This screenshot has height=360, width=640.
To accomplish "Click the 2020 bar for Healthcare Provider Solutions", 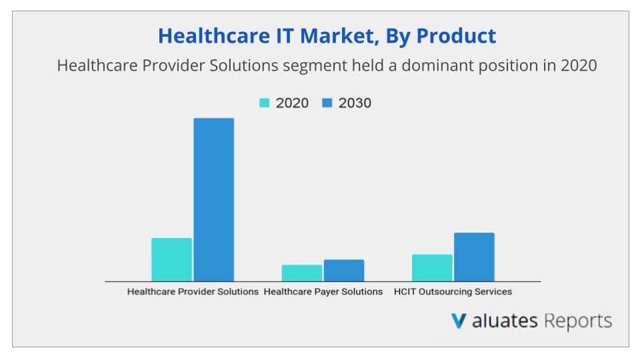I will click(x=171, y=259).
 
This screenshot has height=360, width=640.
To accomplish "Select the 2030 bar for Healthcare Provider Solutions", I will click(x=213, y=199).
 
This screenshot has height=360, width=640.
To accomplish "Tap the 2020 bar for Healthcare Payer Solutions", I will click(x=301, y=273).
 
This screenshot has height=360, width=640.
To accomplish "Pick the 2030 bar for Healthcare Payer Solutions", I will click(x=344, y=270).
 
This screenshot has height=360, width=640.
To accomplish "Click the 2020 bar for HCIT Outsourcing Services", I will click(x=432, y=267).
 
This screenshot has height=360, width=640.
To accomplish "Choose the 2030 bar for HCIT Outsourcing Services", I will click(x=474, y=257).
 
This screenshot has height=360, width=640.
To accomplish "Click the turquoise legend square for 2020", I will click(x=264, y=103).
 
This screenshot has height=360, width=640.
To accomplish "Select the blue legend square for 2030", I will click(x=327, y=103).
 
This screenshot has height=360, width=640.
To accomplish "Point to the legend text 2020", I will click(x=292, y=103).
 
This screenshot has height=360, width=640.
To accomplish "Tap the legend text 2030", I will click(x=355, y=103).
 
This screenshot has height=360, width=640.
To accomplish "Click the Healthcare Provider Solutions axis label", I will click(x=193, y=292).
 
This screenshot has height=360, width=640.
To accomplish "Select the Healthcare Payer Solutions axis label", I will click(x=323, y=292).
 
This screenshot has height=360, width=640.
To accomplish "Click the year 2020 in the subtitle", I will click(x=577, y=66).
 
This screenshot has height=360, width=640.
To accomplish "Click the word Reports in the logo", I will click(x=577, y=321).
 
